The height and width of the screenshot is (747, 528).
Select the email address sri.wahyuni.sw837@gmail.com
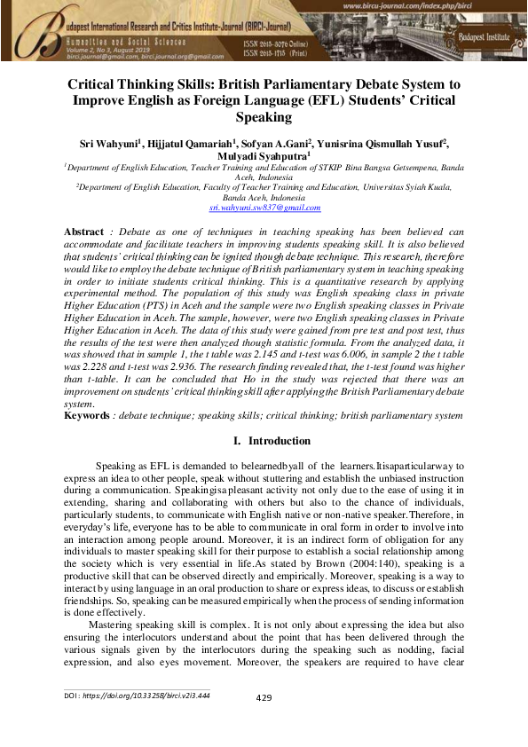pos(264,208)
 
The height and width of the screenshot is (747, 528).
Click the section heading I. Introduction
pos(264,441)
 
